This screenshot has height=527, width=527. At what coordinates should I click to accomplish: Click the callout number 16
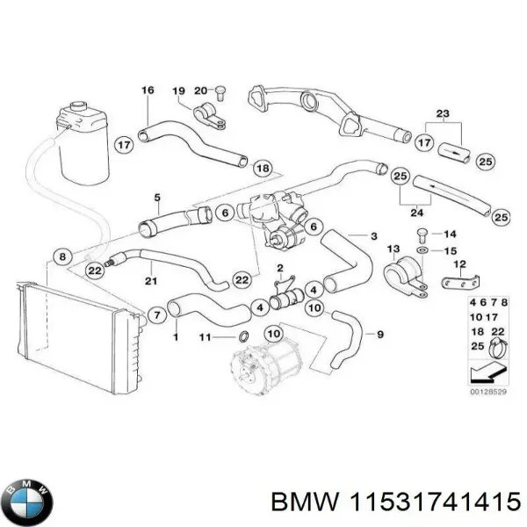148,90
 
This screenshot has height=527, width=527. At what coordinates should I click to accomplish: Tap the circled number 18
262,169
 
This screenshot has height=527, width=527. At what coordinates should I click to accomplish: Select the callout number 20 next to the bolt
200,90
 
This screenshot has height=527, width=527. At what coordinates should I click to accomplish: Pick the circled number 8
61,257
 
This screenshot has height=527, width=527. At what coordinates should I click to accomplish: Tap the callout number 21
151,280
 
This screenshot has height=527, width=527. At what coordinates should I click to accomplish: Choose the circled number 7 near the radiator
157,314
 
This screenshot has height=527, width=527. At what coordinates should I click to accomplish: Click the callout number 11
204,337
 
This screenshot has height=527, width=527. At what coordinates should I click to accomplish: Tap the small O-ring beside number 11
241,338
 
